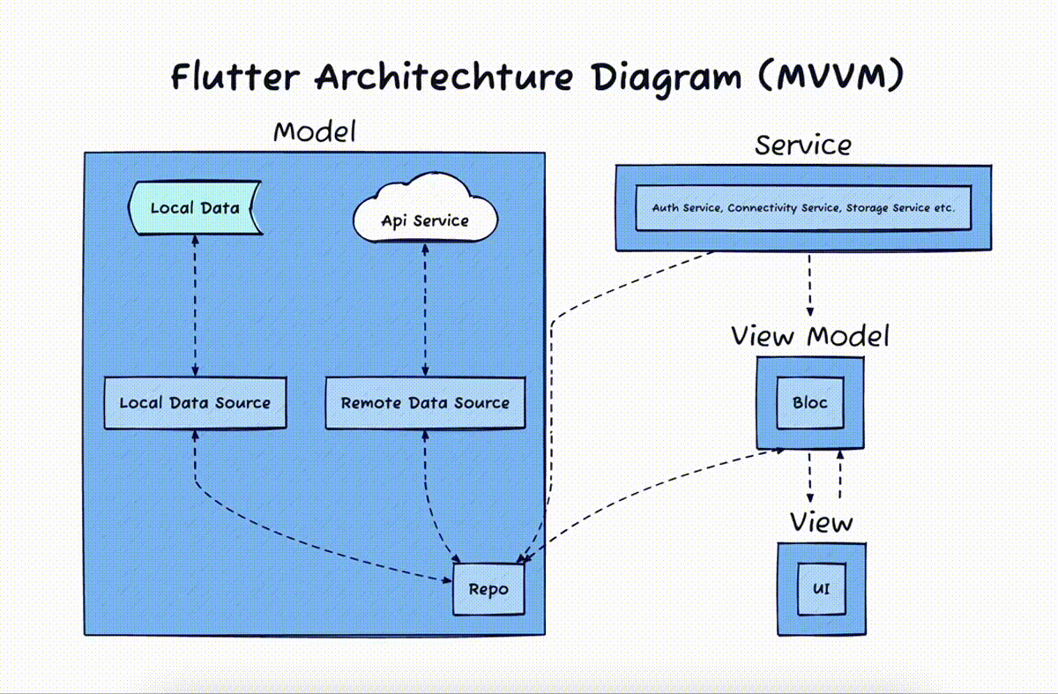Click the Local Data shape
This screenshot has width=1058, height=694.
pos(195,208)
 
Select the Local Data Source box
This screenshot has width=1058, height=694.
pos(195,403)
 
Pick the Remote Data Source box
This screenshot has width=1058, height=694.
pos(425,403)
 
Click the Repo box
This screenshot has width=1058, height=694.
pos(488,589)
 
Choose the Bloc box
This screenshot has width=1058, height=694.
pos(810,403)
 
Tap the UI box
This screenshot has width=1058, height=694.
pos(822,589)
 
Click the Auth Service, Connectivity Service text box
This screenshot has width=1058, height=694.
pos(803,208)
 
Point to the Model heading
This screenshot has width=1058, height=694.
pos(315,131)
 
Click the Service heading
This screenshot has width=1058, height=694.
pos(803,145)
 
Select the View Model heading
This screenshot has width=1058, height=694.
pos(810,336)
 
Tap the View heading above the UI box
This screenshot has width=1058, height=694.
pos(822,522)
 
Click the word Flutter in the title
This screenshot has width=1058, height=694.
pos(235,77)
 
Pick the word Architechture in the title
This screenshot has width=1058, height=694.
pos(444,77)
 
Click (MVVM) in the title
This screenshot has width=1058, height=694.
pos(831,76)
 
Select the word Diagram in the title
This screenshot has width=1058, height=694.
pos(667,78)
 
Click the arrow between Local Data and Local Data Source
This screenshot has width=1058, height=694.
pos(195,306)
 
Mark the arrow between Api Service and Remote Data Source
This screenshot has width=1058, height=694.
pos(425,310)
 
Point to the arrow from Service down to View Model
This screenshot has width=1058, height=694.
pos(809,286)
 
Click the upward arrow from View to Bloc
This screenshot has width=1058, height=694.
pos(839,474)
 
